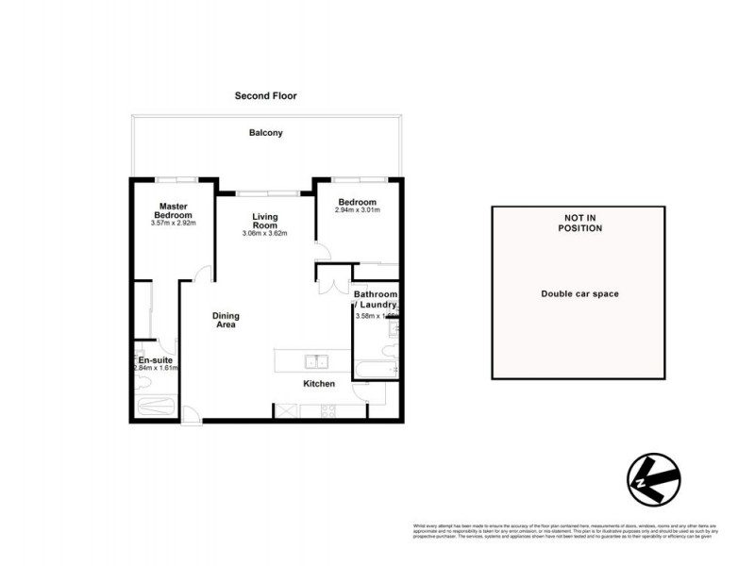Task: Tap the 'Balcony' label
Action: tap(265, 133)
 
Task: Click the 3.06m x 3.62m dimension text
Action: tap(264, 234)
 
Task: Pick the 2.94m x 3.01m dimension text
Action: tap(358, 211)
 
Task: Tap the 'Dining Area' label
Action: tap(225, 321)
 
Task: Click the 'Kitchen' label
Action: tap(319, 384)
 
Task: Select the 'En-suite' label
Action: tap(156, 360)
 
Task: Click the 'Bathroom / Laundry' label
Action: tap(376, 299)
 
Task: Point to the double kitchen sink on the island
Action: tap(315, 360)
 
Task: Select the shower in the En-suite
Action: tap(156, 407)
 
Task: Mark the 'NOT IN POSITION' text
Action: tap(579, 223)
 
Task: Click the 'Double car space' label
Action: tap(579, 293)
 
